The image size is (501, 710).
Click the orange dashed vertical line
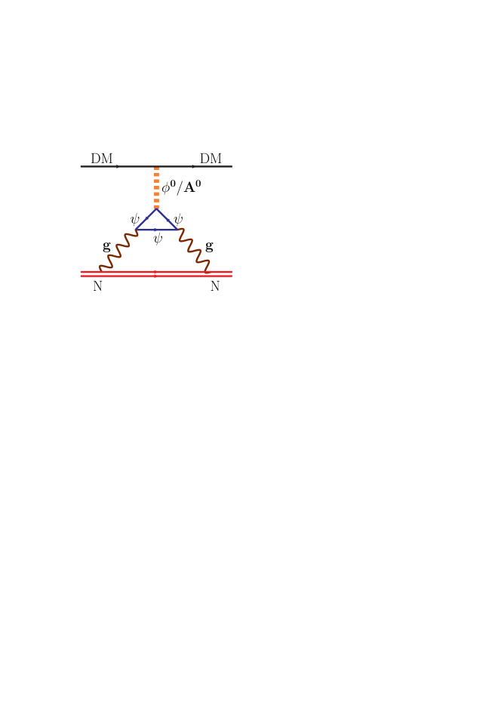tap(156, 187)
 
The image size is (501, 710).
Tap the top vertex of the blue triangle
tap(156, 209)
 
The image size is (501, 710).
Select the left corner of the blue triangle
tap(136, 230)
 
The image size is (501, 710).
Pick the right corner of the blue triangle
tap(177, 230)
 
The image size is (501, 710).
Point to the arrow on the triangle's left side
tap(146, 219)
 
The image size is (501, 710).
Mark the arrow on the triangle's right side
tap(168, 220)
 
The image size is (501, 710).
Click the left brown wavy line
tap(118, 250)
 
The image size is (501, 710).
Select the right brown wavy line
tap(194, 250)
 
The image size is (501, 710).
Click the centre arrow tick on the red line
tap(155, 273)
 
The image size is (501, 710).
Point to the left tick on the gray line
tap(117, 166)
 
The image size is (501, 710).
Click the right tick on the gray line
tap(192, 166)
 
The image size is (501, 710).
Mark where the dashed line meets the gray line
tap(156, 166)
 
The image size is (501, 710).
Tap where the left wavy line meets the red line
tap(100, 270)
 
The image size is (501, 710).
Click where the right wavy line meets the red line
tap(208, 270)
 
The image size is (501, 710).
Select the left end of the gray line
tap(81, 166)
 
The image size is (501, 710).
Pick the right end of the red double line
tap(232, 273)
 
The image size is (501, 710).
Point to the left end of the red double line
tap(81, 273)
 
